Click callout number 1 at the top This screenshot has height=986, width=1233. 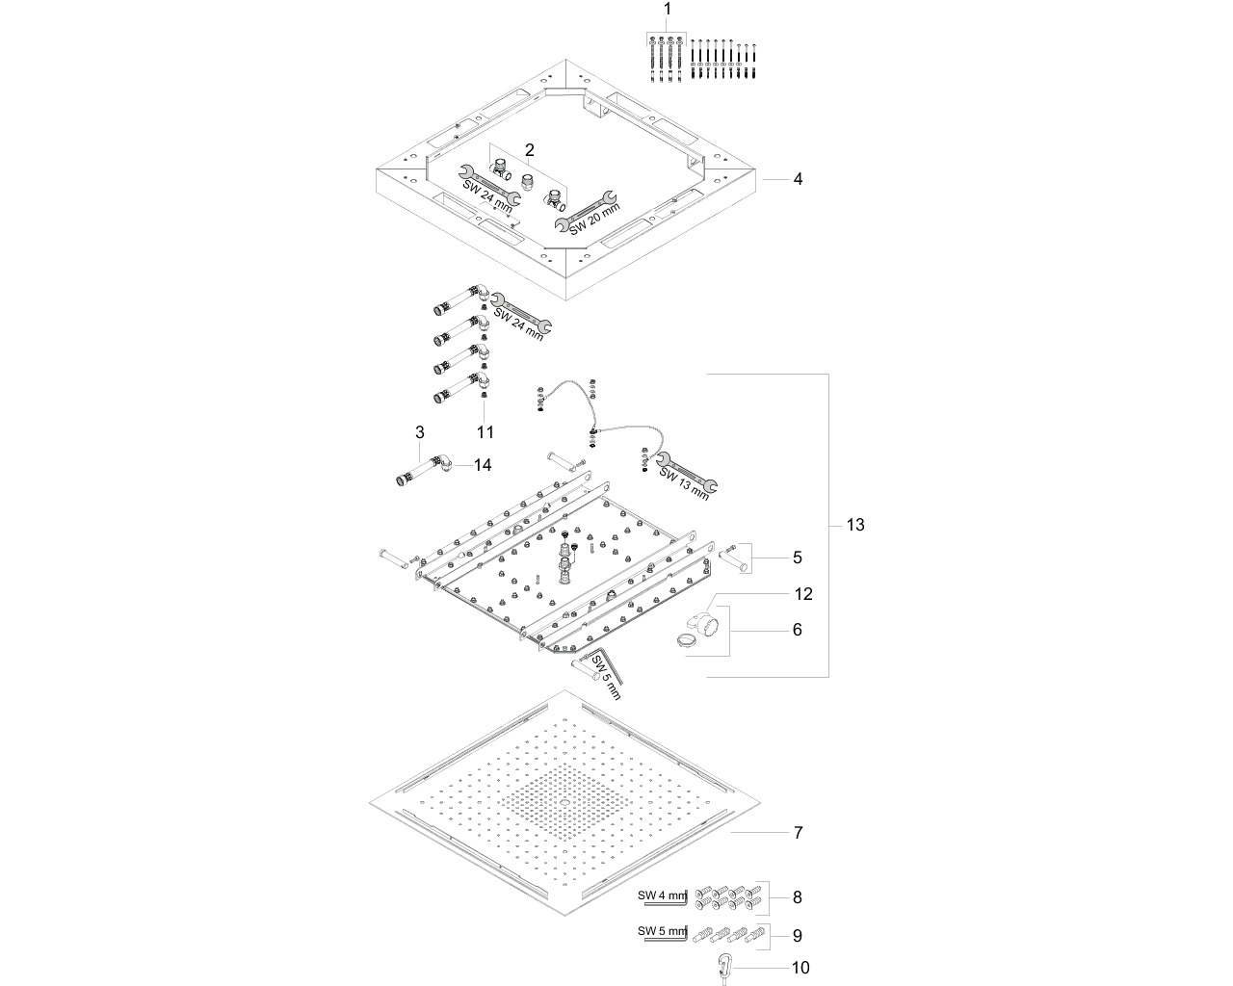(667, 10)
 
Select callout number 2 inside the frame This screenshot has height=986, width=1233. (530, 150)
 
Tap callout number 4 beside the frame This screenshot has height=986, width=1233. (798, 179)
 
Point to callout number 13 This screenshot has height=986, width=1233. (855, 525)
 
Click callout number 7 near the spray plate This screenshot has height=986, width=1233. (799, 833)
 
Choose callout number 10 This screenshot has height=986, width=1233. (800, 968)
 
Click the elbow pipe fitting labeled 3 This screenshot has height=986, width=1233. (424, 470)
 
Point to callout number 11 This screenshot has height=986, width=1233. (485, 432)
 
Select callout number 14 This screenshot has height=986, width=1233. (483, 465)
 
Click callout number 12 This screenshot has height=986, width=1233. (803, 594)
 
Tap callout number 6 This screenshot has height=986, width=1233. (797, 630)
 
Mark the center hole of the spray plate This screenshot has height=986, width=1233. (564, 802)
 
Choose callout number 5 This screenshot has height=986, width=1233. (797, 558)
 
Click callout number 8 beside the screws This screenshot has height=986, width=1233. (797, 897)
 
